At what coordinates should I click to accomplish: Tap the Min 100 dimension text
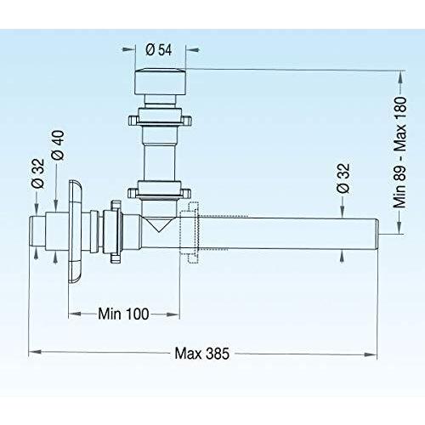coord(124,314)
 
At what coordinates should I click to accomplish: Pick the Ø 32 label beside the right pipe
coord(343,191)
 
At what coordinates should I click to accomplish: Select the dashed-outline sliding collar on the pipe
coord(191,228)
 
